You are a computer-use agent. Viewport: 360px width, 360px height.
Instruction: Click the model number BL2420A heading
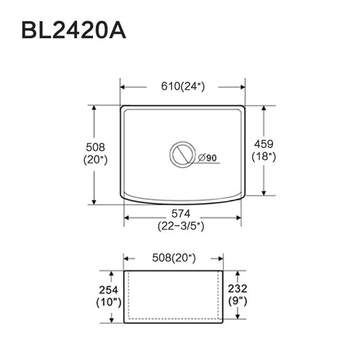pos(74,31)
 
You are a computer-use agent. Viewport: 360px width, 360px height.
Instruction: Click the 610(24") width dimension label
pos(183,86)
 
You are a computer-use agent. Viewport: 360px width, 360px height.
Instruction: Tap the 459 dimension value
pos(264,144)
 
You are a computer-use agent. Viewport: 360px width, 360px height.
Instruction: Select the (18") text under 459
pos(264,157)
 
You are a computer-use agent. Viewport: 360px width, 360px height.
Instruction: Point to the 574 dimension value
pos(181,214)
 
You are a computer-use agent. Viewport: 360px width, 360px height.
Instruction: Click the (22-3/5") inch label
pos(181,226)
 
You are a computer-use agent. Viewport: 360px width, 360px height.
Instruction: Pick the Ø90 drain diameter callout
pos(207,158)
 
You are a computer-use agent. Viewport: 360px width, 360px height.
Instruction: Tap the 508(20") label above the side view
pos(174,258)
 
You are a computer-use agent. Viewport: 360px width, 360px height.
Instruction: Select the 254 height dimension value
pos(109,290)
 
